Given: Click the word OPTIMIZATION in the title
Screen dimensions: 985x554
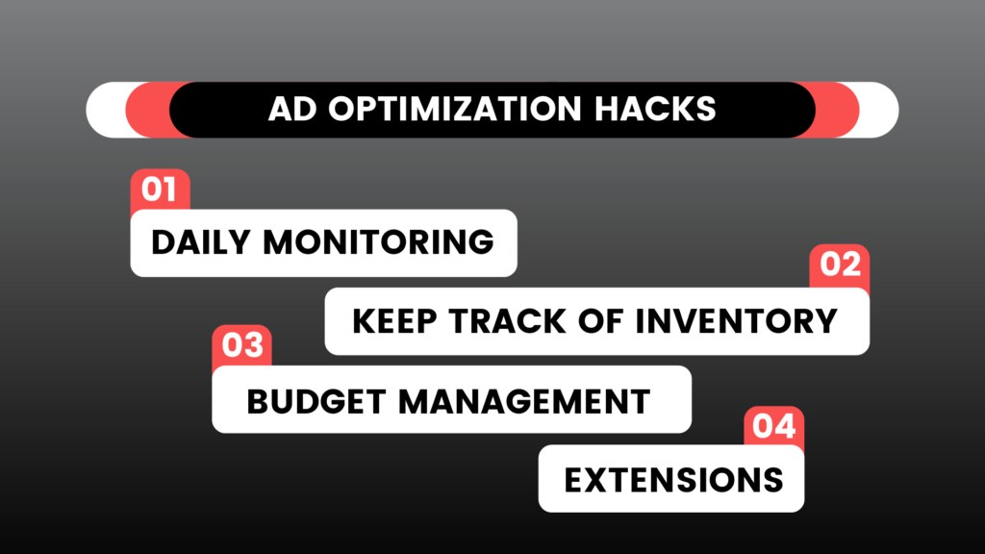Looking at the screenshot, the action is (x=455, y=109).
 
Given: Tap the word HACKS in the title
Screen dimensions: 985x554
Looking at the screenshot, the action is (x=655, y=109).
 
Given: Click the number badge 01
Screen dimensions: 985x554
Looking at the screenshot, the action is (x=160, y=189).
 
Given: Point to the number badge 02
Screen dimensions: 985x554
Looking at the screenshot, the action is (x=839, y=265).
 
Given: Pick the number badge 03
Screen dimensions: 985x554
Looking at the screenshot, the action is (x=241, y=345).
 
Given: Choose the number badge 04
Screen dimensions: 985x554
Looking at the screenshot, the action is (x=774, y=426).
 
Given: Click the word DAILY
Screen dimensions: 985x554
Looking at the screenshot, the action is (x=201, y=242).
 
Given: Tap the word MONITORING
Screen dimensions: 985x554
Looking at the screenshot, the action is (x=379, y=242).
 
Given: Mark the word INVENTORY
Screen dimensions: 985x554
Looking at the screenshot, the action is (x=736, y=321).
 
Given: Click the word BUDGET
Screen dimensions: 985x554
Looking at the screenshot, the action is (x=316, y=402).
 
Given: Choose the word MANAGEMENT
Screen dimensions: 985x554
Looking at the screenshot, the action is (x=524, y=402).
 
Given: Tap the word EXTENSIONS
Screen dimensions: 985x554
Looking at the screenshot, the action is (x=673, y=481).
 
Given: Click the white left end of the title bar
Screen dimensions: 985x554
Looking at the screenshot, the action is (x=107, y=110).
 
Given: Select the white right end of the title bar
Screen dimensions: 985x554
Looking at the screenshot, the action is (x=878, y=110).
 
